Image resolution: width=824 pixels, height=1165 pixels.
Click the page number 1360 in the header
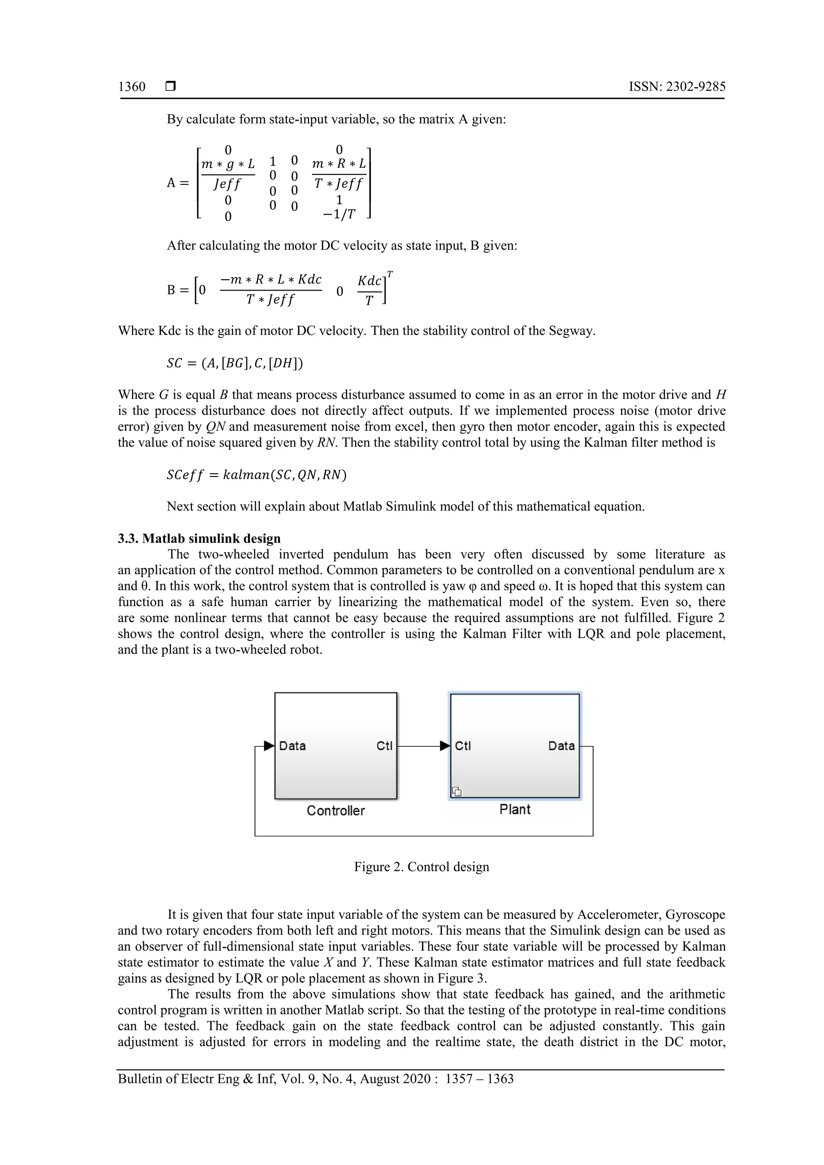132,87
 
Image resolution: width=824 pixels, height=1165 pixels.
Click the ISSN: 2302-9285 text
677,87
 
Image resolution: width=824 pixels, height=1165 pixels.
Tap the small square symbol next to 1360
171,87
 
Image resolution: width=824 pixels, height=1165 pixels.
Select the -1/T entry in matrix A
339,215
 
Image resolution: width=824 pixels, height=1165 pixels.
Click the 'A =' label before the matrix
178,183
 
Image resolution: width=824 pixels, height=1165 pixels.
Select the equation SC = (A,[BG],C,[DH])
235,363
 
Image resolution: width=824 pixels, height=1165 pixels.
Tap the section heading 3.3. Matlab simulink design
199,538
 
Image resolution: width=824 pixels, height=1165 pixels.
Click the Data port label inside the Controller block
293,746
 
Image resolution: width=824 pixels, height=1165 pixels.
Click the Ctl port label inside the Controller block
384,746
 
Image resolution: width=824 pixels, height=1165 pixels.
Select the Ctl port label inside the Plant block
463,746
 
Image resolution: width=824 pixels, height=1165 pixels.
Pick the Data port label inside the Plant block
561,746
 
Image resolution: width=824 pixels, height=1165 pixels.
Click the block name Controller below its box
336,811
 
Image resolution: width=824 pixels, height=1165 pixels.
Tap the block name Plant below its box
515,810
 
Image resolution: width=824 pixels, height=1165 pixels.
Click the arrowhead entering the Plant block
445,746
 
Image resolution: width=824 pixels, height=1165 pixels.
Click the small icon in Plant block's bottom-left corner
457,791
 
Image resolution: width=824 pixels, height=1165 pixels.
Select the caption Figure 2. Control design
421,867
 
